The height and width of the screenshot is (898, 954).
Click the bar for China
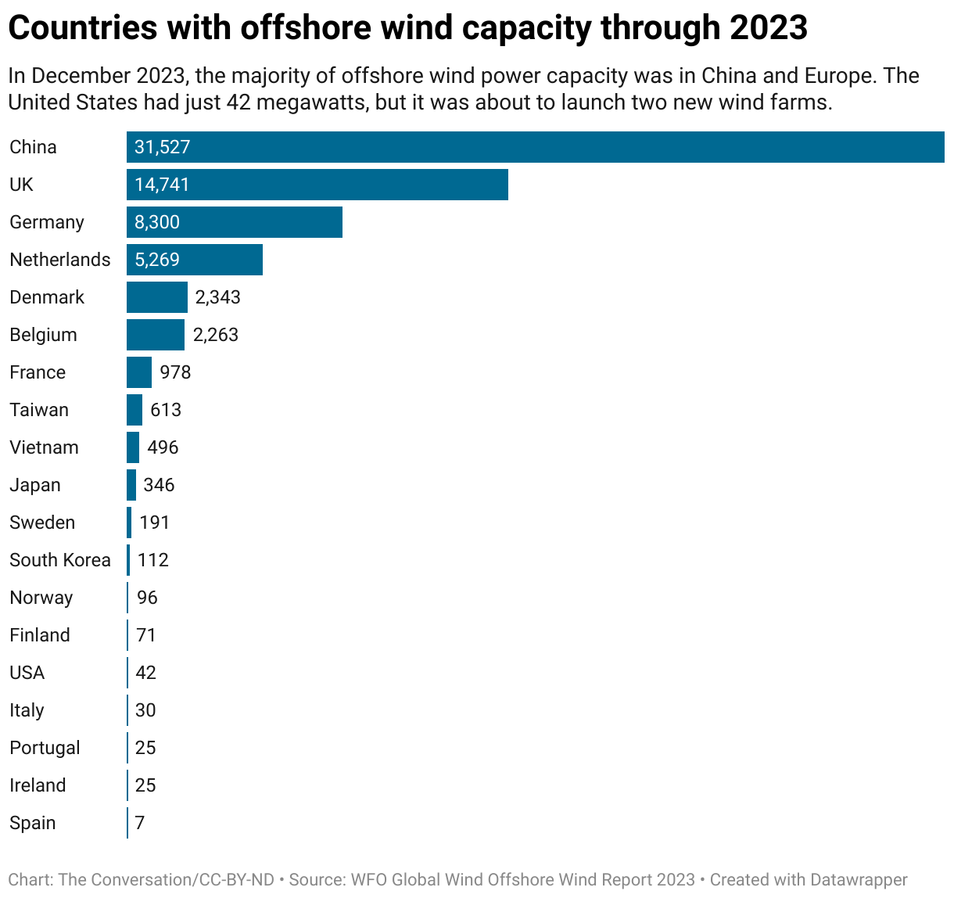pos(535,147)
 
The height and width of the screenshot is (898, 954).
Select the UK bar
pos(317,185)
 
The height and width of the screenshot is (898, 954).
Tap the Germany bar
pos(234,222)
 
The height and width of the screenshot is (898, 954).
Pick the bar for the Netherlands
pos(194,260)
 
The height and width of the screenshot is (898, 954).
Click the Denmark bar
pos(156,297)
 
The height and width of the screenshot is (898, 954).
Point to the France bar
pos(138,372)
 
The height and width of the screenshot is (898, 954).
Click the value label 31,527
pos(162,147)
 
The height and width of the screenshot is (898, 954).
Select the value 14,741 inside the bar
pos(162,185)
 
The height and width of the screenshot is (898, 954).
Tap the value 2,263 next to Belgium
pos(215,335)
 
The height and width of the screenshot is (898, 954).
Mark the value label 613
pos(166,410)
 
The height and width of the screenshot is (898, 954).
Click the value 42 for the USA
pos(145,673)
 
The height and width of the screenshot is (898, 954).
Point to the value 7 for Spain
pos(140,823)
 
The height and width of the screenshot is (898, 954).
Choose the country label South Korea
pos(60,560)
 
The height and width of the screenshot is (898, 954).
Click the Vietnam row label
pos(44,447)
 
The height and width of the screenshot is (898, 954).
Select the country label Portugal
pos(45,748)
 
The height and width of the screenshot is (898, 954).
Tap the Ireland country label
pos(38,785)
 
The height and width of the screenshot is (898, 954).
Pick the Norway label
pos(41,598)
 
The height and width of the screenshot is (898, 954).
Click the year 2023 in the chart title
pos(768,28)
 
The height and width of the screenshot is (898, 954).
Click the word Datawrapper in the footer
pos(859,880)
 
